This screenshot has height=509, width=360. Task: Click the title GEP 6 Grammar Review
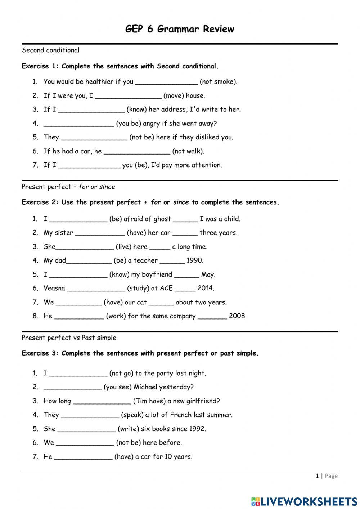coord(180,29)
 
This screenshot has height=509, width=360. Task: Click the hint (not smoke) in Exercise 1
coord(219,82)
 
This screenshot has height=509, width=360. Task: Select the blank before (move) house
coord(128,96)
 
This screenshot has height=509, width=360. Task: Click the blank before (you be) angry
coord(78,124)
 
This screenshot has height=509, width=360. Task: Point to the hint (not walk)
coord(188,151)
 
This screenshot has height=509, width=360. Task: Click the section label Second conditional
coord(50,50)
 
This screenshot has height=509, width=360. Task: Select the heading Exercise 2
coord(40,202)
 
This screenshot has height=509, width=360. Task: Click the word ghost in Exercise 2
coord(162,219)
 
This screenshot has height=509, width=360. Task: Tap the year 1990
coord(195,260)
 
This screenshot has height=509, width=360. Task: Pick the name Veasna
coord(54,288)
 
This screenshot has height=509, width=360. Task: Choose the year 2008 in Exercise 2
coord(238,316)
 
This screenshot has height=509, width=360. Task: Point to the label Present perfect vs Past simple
coord(69,338)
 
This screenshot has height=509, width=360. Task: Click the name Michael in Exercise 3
coord(145,387)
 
